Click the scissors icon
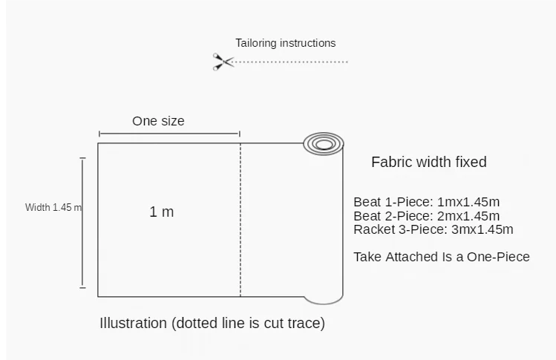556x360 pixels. pos(223,62)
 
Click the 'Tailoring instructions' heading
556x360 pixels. pos(286,43)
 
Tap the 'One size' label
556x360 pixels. pos(158,121)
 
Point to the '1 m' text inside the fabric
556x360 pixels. pos(162,212)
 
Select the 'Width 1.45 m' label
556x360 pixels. pos(53,208)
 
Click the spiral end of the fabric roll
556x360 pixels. pos(324,143)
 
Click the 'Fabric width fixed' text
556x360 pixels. pos(429,162)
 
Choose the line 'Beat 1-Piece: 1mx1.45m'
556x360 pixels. pos(426,202)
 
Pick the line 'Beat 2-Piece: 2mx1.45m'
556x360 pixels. pos(426,216)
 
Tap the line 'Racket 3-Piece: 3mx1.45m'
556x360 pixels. pos(433,229)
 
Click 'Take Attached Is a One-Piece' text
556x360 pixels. pos(442,257)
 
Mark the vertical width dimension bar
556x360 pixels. pos(82,223)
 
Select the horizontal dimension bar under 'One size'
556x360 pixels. pos(169,134)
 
